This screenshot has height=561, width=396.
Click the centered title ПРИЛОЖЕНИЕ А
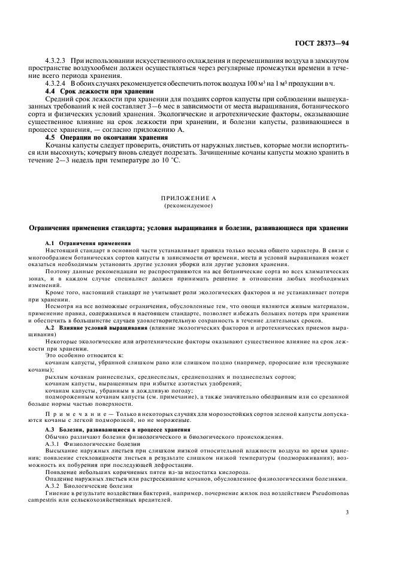point(197,198)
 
